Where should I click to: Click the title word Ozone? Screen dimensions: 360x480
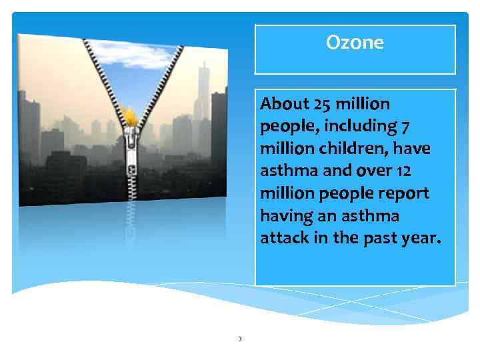pos(355,43)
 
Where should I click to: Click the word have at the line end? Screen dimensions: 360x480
pos(414,149)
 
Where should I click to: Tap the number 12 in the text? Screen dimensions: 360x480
pos(403,171)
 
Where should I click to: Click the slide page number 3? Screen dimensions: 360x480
pos(240,339)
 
